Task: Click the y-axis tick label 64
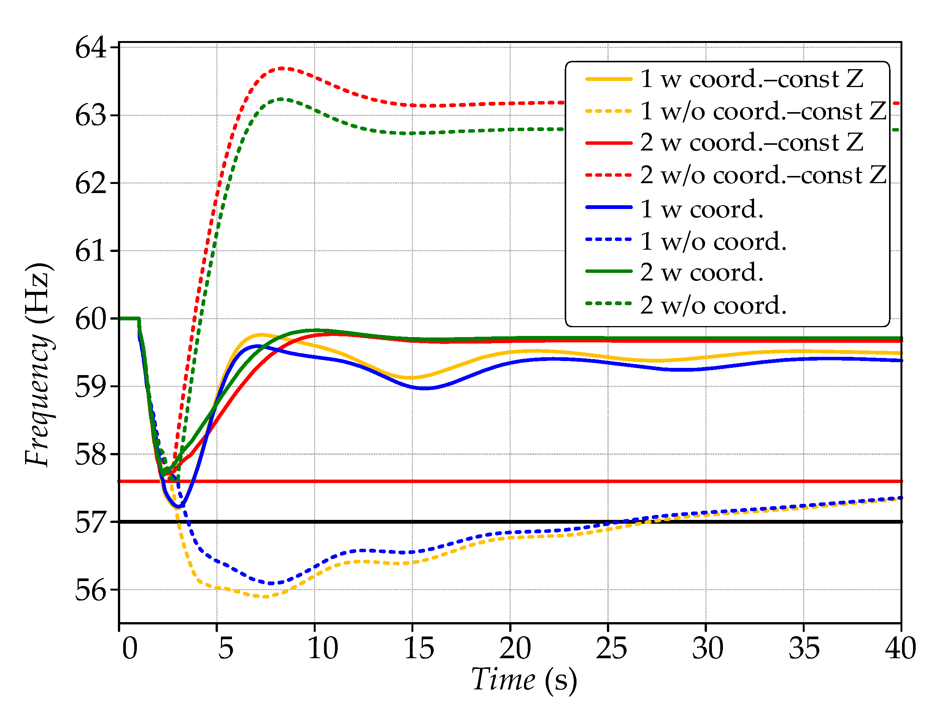click(91, 48)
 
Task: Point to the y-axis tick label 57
click(91, 523)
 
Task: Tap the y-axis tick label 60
click(91, 319)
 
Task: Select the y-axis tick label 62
click(91, 183)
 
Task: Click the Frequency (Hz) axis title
click(39, 364)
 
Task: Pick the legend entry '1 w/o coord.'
click(713, 241)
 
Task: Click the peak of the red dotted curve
click(282, 68)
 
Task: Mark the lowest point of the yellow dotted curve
click(265, 597)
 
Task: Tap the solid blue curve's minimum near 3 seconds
click(180, 506)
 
